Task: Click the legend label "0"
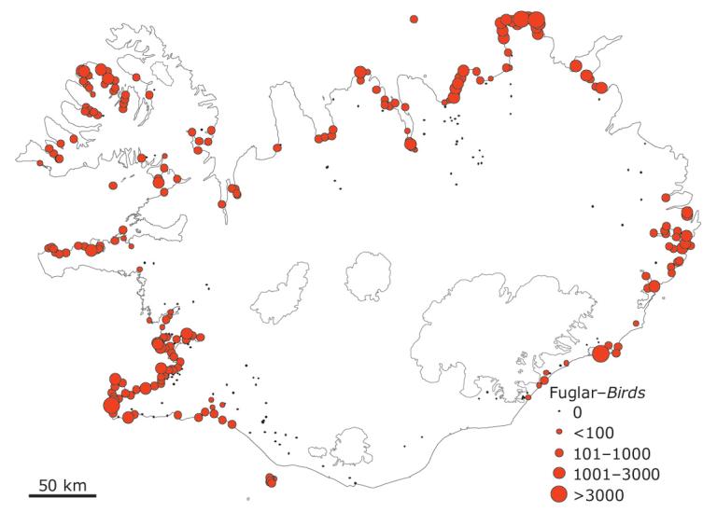point(577,411)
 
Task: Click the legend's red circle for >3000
point(558,494)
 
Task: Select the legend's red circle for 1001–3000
point(558,474)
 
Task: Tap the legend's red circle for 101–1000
point(558,453)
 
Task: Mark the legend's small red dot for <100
point(558,433)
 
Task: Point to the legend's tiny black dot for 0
point(558,411)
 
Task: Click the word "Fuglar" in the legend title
point(570,392)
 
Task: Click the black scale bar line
point(62,494)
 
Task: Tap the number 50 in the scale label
point(48,484)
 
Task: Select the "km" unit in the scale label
point(75,484)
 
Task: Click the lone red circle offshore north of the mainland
point(414,19)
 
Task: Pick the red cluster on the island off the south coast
point(271,480)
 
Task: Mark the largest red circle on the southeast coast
point(601,353)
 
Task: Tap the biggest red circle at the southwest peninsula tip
point(111,406)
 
